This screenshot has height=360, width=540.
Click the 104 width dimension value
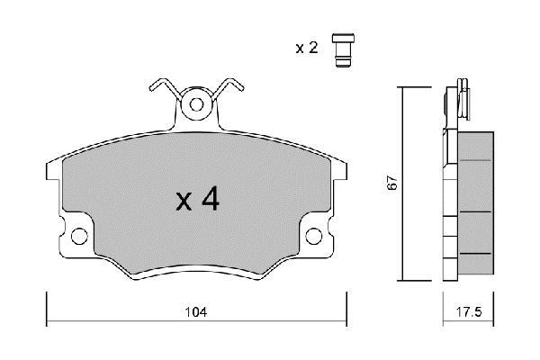[196, 312]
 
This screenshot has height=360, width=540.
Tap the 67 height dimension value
[392, 184]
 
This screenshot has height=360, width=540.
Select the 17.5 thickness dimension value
[469, 312]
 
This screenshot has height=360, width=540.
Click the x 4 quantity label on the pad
[197, 199]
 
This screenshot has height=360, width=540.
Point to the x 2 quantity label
[307, 48]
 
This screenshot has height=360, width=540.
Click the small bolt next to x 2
[343, 50]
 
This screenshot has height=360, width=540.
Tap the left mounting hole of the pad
[79, 236]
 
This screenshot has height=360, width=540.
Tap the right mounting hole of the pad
[314, 236]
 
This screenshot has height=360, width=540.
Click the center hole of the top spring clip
[196, 104]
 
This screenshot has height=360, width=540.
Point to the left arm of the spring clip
[165, 87]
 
